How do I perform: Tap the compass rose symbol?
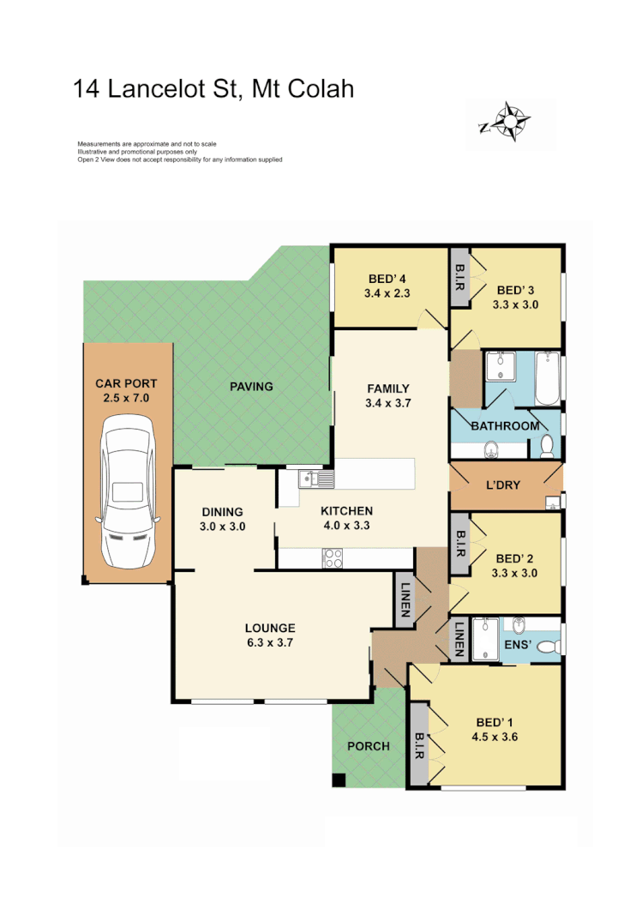[x=513, y=120]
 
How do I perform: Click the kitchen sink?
[x=315, y=479]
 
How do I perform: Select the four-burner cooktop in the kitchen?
[x=332, y=558]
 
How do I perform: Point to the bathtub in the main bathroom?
[x=547, y=378]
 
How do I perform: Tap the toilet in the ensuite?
[x=549, y=645]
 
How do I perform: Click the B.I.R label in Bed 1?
[x=420, y=743]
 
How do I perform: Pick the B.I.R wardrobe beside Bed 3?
[x=459, y=274]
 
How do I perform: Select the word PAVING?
[x=251, y=387]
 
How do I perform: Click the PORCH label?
[x=368, y=746]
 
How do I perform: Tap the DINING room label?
[x=223, y=512]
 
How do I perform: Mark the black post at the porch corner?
[x=339, y=780]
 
